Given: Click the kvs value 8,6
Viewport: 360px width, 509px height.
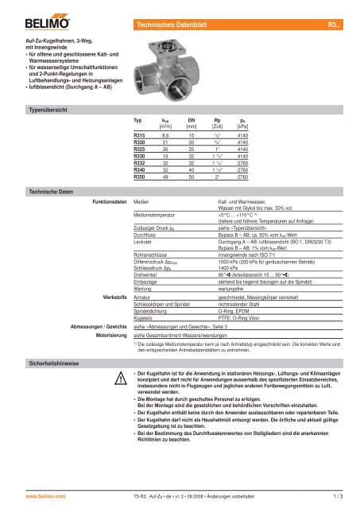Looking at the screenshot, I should coord(166,137).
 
